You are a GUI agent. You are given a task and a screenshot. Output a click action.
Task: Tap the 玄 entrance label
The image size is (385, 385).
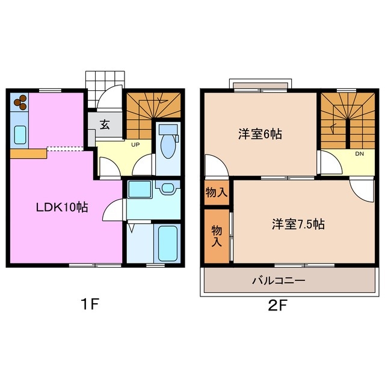click(104, 125)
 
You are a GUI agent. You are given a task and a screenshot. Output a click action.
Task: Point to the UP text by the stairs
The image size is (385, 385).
click(137, 144)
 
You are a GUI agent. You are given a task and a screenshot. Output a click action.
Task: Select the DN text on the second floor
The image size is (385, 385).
click(359, 154)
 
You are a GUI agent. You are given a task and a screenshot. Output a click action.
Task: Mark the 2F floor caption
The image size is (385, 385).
click(278, 304)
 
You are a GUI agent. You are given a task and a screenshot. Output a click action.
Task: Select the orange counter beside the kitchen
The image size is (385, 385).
click(28, 154)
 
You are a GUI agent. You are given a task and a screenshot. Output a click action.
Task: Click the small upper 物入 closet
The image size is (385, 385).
click(215, 192)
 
